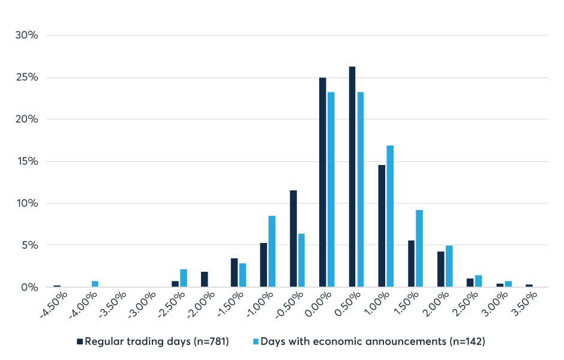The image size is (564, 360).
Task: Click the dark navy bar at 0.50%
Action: (x=352, y=177)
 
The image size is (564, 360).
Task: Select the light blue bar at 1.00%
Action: (x=390, y=216)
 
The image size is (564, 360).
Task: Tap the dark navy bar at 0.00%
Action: (x=323, y=182)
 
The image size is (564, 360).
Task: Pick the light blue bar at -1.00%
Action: (x=272, y=251)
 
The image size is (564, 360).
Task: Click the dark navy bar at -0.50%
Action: (x=293, y=239)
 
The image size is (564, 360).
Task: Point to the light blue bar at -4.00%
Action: (x=95, y=284)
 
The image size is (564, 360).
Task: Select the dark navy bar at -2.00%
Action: (x=205, y=280)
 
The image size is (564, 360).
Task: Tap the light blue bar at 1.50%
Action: (x=419, y=248)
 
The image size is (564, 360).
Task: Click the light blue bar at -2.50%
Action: (x=184, y=278)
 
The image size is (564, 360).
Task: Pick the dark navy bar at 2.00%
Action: (x=441, y=269)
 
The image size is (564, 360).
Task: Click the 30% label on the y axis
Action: (x=27, y=35)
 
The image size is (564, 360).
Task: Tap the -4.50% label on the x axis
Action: (x=55, y=304)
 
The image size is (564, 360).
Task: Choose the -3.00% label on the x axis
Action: (x=143, y=304)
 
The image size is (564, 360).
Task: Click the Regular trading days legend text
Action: (x=157, y=342)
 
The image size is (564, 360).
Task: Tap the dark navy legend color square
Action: (x=80, y=342)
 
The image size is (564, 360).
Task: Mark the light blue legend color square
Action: (x=256, y=342)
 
